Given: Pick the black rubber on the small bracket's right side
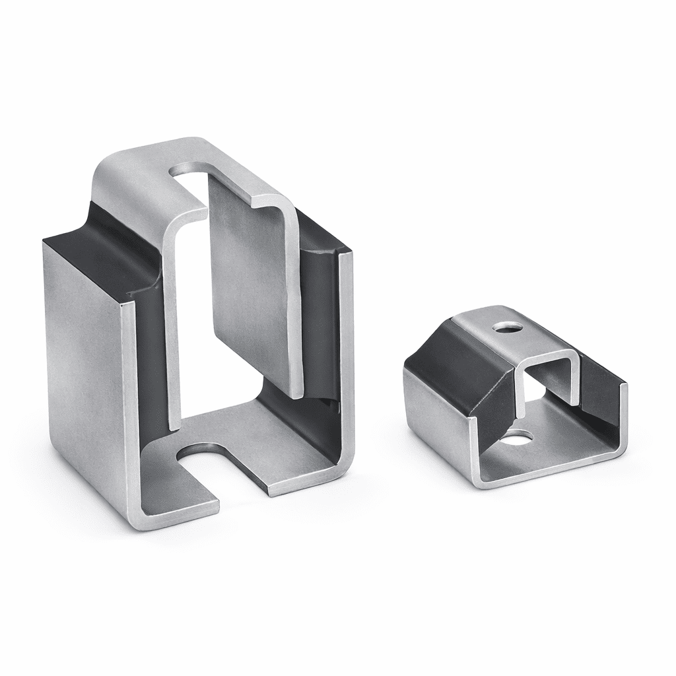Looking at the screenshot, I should [601, 389].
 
